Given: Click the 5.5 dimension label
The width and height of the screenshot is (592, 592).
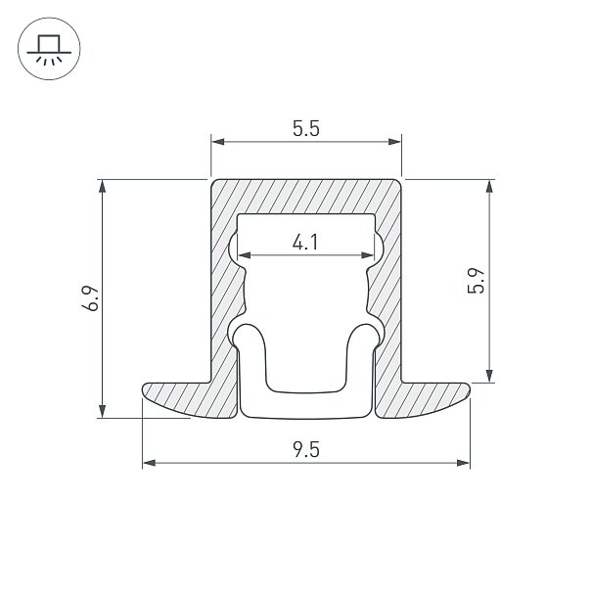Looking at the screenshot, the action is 306,129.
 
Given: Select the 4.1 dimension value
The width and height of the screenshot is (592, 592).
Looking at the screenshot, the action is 305,242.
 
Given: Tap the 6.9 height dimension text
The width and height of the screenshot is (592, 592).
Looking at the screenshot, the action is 91,298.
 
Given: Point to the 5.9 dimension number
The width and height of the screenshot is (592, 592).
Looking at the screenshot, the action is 476,281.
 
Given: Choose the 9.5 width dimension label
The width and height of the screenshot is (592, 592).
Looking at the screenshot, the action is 306,450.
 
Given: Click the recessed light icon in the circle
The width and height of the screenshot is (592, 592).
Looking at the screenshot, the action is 49,50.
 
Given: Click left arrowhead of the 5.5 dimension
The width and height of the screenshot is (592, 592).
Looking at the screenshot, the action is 218,142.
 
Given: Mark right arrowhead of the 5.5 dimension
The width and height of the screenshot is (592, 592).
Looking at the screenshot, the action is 394,142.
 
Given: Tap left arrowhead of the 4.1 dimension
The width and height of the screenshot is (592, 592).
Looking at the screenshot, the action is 245,255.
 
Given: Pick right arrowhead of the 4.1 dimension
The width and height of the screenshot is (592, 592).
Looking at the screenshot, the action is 367,255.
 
